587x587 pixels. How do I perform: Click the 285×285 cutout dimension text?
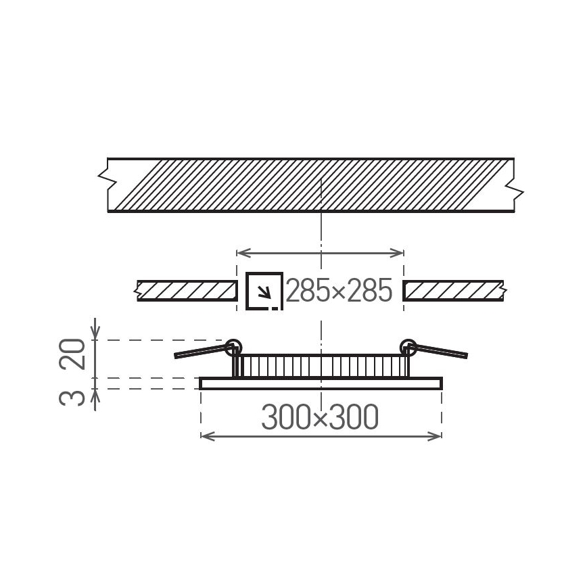click(339, 291)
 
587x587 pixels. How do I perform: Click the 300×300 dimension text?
click(320, 419)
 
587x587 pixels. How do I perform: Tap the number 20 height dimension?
click(76, 354)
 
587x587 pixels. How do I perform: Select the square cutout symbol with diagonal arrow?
click(264, 291)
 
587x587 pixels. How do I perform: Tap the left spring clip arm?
click(202, 352)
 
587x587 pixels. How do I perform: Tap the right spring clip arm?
click(441, 352)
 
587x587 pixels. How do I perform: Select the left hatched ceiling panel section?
click(187, 291)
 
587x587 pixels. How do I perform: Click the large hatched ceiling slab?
click(311, 185)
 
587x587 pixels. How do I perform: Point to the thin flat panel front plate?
click(321, 383)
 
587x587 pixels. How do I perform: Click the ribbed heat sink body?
click(321, 366)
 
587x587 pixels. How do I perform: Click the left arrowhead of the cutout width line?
click(239, 253)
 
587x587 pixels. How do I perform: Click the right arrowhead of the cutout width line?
click(400, 253)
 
